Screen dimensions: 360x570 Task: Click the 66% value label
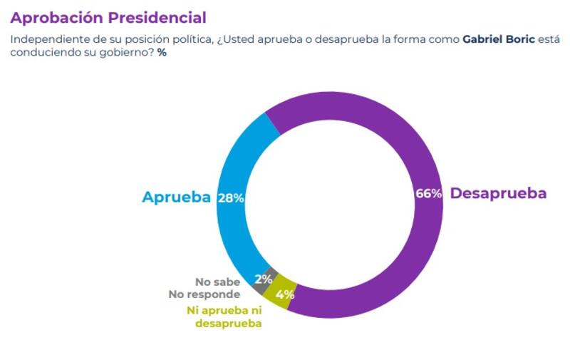coord(428,194)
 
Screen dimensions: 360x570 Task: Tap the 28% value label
coord(230,198)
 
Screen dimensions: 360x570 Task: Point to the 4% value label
coord(286,293)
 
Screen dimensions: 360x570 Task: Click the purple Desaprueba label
coord(499,193)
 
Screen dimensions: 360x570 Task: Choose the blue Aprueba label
coord(176,197)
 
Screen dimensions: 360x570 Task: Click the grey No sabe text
coord(217,281)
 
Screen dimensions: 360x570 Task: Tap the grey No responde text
coord(204,293)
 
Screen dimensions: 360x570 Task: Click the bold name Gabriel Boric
coord(500,38)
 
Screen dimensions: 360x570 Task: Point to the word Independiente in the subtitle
coord(44,38)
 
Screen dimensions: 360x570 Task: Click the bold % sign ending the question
coord(162,52)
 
